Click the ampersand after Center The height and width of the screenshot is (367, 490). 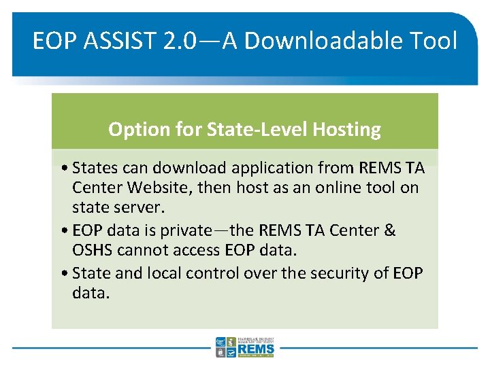pyautogui.click(x=389, y=230)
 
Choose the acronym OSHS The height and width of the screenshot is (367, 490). pyautogui.click(x=92, y=250)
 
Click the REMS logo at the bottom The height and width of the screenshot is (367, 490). pyautogui.click(x=246, y=347)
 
